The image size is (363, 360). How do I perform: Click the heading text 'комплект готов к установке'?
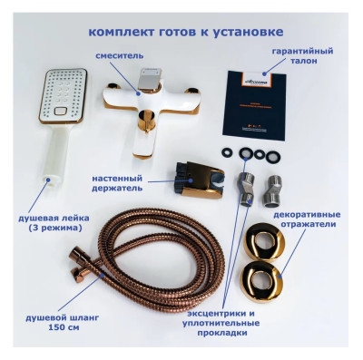[181, 31]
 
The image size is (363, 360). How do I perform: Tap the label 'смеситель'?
[119, 56]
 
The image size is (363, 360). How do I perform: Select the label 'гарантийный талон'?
[302, 59]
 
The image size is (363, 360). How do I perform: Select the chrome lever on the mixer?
[153, 82]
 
